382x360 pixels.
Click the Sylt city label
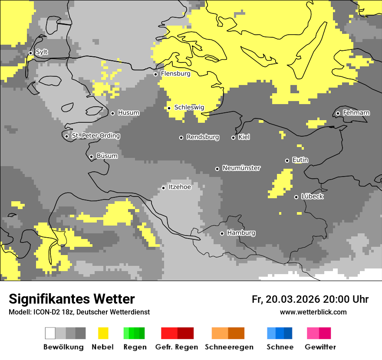[x=42, y=52]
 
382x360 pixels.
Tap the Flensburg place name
[x=175, y=74]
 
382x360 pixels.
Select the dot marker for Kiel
[x=233, y=137]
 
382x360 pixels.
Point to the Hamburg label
[x=241, y=233]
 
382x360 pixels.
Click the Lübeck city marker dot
[x=296, y=197]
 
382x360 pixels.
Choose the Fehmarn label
[x=356, y=113]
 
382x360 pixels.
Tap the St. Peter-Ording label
[x=95, y=136]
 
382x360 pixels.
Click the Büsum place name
[x=107, y=156]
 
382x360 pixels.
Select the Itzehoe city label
[x=180, y=187]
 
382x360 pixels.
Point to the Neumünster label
[x=241, y=168]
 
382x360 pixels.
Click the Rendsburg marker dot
[x=181, y=137]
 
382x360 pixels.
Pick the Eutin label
[x=300, y=160]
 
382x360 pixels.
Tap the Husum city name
[x=128, y=113]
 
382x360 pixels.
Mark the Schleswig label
[x=189, y=108]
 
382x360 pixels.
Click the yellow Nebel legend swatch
[x=103, y=333]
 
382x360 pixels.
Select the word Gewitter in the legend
[x=320, y=347]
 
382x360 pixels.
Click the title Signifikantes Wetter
[x=72, y=299]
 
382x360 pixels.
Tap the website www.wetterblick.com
[x=313, y=312]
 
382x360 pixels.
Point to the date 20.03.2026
[x=293, y=299]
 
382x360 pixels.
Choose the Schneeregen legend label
[x=229, y=347]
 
